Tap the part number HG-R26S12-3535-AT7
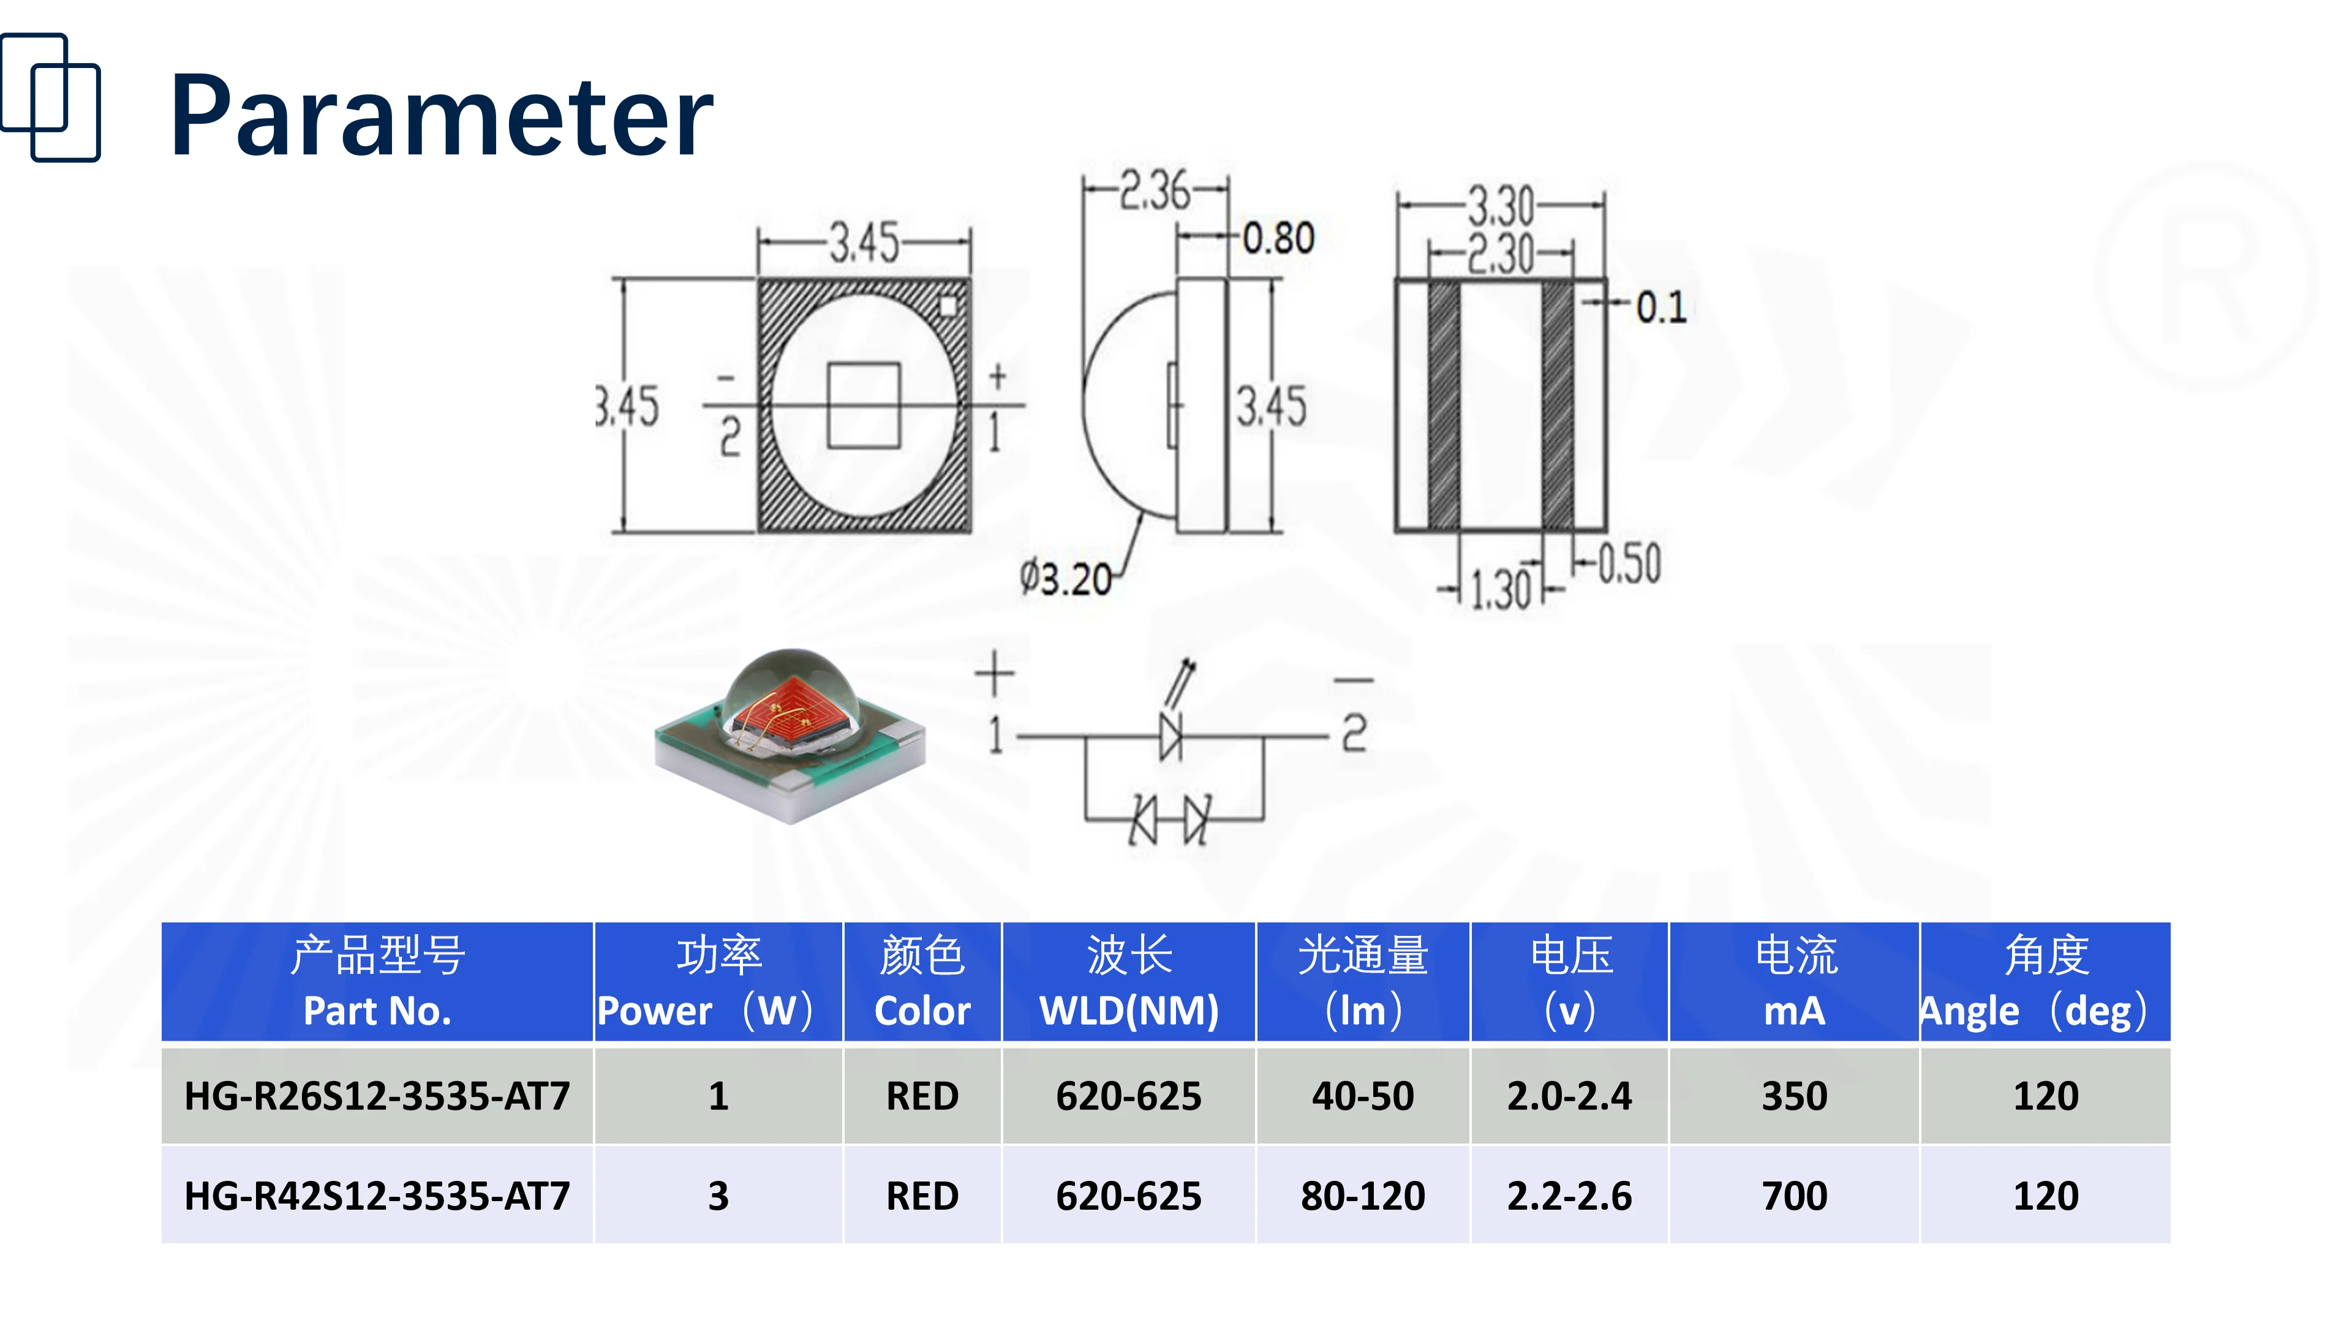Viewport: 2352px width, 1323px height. click(377, 1096)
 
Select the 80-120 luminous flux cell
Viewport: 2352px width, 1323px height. click(1362, 1195)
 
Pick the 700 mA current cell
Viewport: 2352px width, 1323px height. click(1794, 1195)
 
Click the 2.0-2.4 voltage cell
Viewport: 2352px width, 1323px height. click(1569, 1096)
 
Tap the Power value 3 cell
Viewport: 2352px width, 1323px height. click(718, 1195)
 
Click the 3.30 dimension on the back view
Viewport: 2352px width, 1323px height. click(1500, 205)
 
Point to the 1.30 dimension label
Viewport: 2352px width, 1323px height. click(1500, 589)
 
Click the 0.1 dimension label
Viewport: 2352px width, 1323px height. click(1660, 307)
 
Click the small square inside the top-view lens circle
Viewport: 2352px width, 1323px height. click(864, 405)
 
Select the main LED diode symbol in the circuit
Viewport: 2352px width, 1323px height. click(1170, 735)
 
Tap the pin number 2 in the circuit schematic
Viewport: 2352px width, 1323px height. click(1354, 733)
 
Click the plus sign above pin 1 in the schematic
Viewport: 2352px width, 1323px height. click(994, 674)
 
